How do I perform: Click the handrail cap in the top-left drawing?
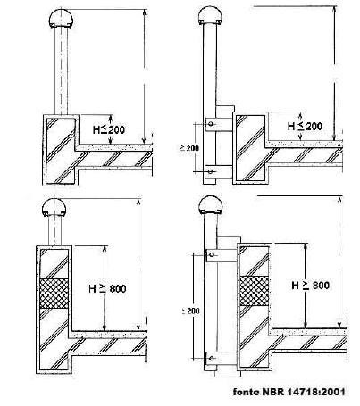coord(61,19)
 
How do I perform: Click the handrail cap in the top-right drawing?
coord(210,16)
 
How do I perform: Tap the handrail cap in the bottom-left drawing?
coord(54,208)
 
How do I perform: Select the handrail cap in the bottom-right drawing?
coord(211,205)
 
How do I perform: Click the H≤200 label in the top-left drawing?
coord(109,130)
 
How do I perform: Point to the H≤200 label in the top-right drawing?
coord(305,127)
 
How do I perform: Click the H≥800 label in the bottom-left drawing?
coord(107,288)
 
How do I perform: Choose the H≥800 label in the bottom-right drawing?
coord(311,286)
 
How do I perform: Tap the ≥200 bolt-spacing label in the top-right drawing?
coord(189,148)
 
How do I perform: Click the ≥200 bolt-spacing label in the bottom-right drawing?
coord(190,311)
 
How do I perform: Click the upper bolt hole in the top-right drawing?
coord(211,124)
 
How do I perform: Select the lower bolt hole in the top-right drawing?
coord(211,171)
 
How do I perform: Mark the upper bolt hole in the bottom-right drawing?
coord(212,254)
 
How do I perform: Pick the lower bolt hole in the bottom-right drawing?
coord(212,359)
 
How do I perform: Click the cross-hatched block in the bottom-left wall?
coord(54,294)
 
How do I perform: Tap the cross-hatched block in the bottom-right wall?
coord(255,291)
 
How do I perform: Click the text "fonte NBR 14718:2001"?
coord(289,392)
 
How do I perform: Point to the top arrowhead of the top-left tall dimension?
coord(145,12)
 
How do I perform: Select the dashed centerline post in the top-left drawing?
coord(61,71)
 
